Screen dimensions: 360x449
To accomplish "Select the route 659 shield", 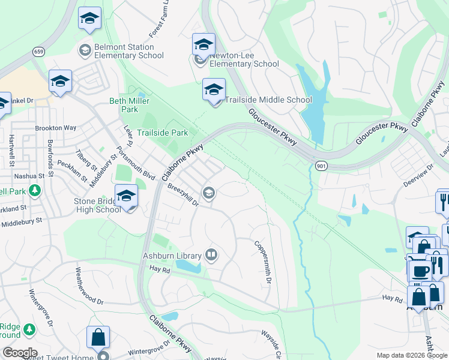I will click(39, 52).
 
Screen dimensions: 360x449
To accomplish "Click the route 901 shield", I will click(319, 164).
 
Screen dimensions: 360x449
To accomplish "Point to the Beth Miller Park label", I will click(124, 105).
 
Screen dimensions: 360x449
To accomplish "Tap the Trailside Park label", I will click(162, 133).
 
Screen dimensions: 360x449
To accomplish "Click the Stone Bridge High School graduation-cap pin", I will click(127, 196).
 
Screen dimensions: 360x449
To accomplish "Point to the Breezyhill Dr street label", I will click(184, 194).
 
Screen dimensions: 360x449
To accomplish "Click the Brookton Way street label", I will click(56, 128).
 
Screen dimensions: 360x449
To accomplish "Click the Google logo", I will click(19, 353).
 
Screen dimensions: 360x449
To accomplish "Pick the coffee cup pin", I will click(419, 271).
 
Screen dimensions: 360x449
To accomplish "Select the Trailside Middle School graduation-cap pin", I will click(214, 90).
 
